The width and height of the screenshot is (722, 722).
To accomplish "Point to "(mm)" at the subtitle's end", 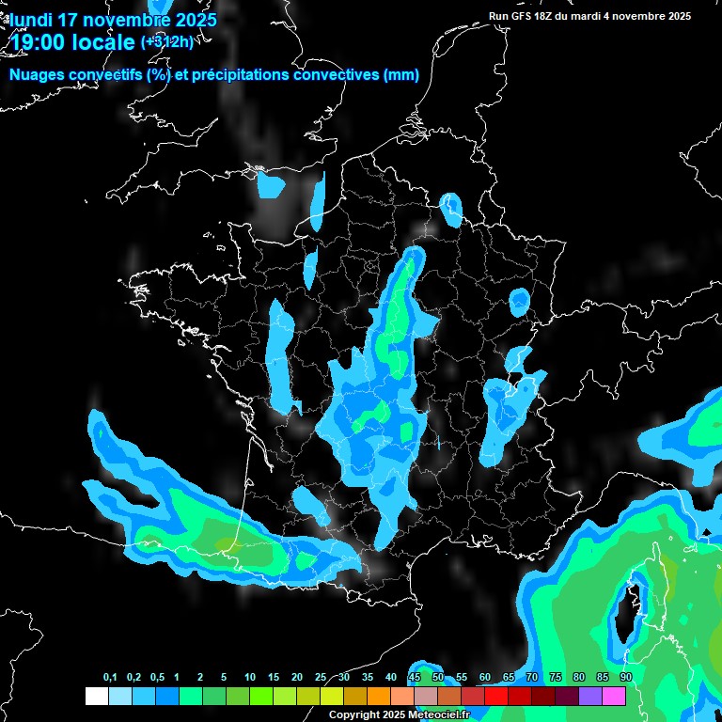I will (401, 75).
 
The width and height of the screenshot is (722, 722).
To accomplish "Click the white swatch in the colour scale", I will (96, 697).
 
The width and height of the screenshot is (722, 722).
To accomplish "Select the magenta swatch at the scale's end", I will (613, 697).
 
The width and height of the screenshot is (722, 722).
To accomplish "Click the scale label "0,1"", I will (110, 678).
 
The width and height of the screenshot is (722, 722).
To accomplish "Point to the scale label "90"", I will (625, 678).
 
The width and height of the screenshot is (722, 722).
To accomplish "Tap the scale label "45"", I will (415, 678).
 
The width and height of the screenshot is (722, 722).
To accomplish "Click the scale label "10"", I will (250, 678).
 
